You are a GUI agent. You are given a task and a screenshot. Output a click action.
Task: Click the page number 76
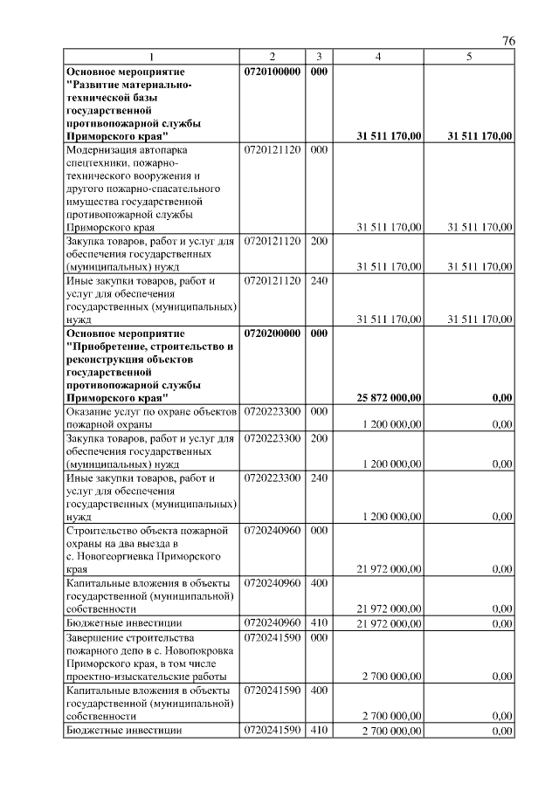(x=509, y=42)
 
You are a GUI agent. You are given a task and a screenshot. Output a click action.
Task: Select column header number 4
(x=378, y=57)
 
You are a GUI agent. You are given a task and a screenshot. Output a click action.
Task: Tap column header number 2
(x=273, y=57)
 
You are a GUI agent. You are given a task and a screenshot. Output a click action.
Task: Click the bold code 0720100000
(x=273, y=71)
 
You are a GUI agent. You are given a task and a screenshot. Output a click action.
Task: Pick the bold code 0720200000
(x=273, y=333)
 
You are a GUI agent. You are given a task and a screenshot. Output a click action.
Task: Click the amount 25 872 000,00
(x=390, y=398)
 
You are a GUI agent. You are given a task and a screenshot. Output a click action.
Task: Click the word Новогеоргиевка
(x=133, y=555)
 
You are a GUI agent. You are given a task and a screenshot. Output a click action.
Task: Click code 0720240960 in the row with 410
(x=273, y=622)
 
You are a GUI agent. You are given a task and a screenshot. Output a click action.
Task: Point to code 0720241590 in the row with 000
(x=273, y=637)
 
